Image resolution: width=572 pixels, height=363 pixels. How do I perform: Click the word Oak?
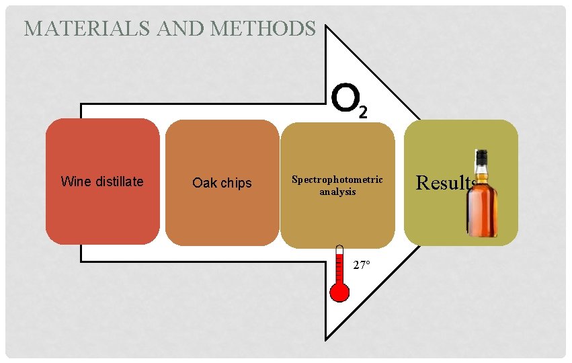[x=204, y=183]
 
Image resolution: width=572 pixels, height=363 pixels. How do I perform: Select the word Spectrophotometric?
[x=337, y=179]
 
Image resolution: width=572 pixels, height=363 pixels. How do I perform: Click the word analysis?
[x=337, y=192]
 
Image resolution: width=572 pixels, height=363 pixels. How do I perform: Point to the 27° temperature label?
[x=362, y=265]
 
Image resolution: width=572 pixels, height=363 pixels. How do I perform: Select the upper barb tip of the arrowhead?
[x=327, y=28]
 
